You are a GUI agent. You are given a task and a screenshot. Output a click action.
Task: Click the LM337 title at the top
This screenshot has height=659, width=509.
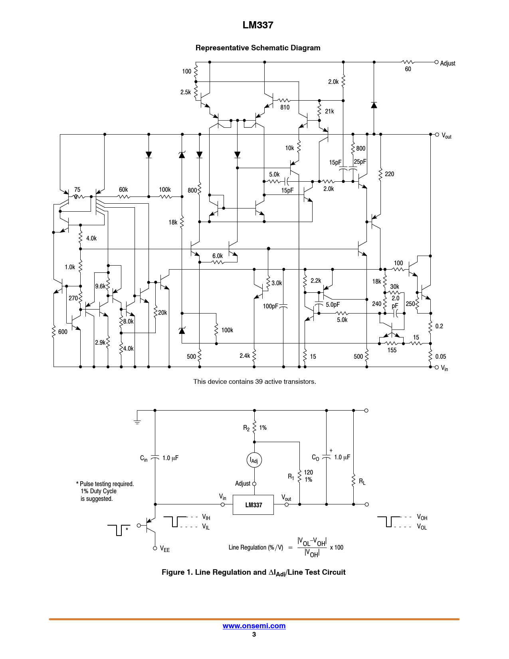pos(257,25)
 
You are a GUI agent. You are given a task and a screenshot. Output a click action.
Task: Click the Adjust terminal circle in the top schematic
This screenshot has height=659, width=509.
pos(436,62)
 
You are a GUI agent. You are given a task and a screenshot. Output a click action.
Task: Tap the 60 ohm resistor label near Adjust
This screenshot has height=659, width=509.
pos(408,69)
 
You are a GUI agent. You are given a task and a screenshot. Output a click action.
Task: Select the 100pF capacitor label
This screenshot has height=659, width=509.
pos(270,306)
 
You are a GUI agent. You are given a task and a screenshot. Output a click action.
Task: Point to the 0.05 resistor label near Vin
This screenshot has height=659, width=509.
pos(440,357)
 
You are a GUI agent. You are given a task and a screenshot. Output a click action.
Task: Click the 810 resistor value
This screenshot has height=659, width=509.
pos(285,107)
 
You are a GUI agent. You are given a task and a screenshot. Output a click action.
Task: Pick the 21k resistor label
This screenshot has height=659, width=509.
pos(329,111)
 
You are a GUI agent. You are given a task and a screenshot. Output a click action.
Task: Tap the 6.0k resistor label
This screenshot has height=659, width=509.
pos(217,256)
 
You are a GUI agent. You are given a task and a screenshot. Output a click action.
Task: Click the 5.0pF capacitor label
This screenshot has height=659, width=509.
pos(333,304)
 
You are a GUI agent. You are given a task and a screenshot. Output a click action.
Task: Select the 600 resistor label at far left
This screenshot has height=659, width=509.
pos(62,332)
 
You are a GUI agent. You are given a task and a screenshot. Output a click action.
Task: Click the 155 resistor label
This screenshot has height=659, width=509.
pos(392,350)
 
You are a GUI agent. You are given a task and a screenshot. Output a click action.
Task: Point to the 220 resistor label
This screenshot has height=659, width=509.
pos(389,174)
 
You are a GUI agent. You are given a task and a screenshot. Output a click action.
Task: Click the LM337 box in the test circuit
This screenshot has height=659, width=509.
pos(253,505)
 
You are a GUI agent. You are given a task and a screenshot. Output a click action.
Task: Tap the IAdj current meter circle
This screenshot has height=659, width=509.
pos(254,460)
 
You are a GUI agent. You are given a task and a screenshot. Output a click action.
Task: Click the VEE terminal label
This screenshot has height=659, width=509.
pos(164,549)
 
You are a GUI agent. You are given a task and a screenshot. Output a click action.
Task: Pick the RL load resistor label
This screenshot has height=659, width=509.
pos(362,482)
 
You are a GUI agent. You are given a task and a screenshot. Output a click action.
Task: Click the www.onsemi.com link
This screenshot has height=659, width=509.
pos(254,625)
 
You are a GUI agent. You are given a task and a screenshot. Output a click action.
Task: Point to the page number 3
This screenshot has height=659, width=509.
pos(254,634)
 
